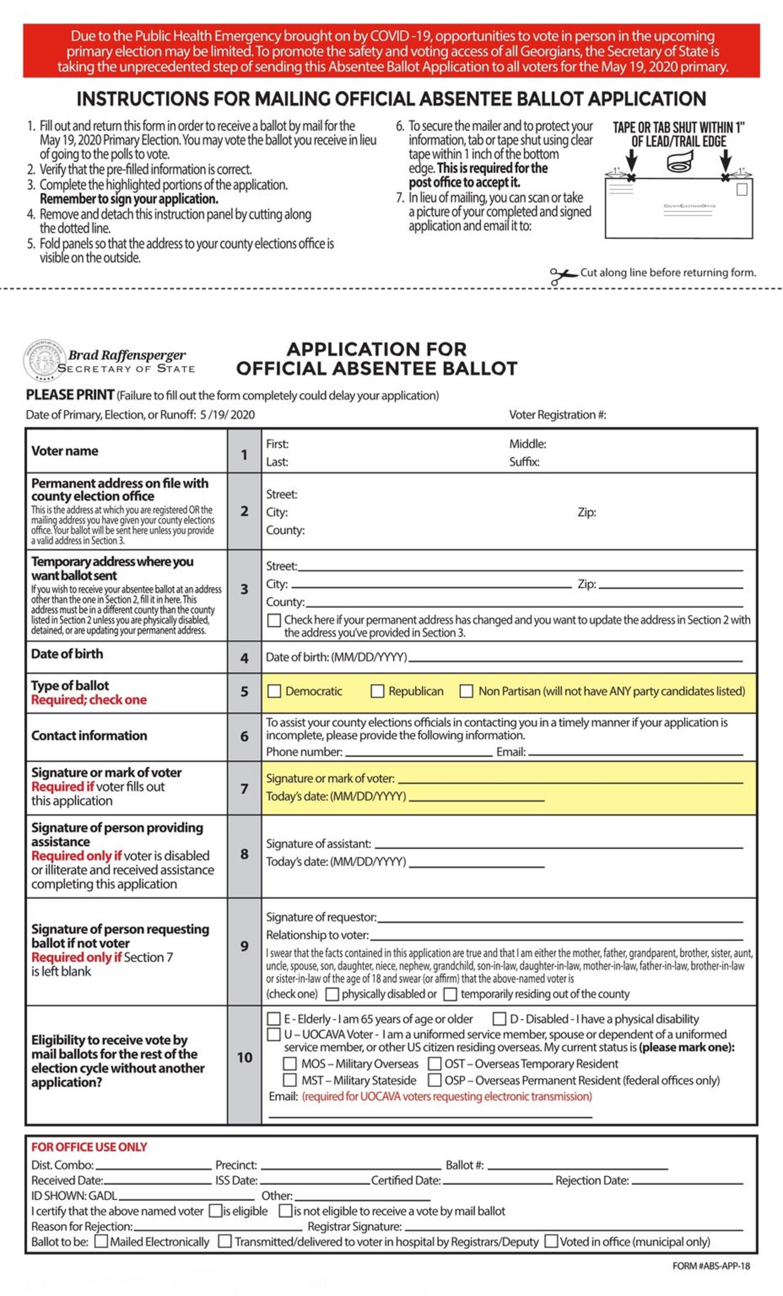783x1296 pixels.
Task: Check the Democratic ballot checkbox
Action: pyautogui.click(x=274, y=691)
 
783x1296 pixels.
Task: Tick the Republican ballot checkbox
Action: pyautogui.click(x=377, y=691)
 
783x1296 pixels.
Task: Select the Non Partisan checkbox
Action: pyautogui.click(x=466, y=691)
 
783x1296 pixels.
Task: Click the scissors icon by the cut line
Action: pyautogui.click(x=562, y=275)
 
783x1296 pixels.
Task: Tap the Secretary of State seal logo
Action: pyautogui.click(x=44, y=360)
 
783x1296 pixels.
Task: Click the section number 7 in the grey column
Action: pyautogui.click(x=245, y=788)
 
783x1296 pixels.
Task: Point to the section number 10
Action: pyautogui.click(x=245, y=1057)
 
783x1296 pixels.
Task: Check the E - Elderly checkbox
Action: pyautogui.click(x=274, y=1019)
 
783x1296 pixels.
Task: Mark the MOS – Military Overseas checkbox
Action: pyautogui.click(x=290, y=1064)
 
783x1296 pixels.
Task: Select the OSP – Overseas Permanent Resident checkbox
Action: pyautogui.click(x=435, y=1080)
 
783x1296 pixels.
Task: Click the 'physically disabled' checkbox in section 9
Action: pyautogui.click(x=332, y=994)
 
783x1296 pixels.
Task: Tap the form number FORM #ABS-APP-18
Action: pyautogui.click(x=711, y=1266)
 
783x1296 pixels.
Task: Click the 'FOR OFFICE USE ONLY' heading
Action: pyautogui.click(x=89, y=1147)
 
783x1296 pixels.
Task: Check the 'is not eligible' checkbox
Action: pyautogui.click(x=285, y=1211)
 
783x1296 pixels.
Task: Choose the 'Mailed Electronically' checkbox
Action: pyautogui.click(x=101, y=1241)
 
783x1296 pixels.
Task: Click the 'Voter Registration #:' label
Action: pyautogui.click(x=557, y=415)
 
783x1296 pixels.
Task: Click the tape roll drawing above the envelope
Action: pyautogui.click(x=680, y=162)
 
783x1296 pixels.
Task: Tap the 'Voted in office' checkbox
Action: pyautogui.click(x=551, y=1241)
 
